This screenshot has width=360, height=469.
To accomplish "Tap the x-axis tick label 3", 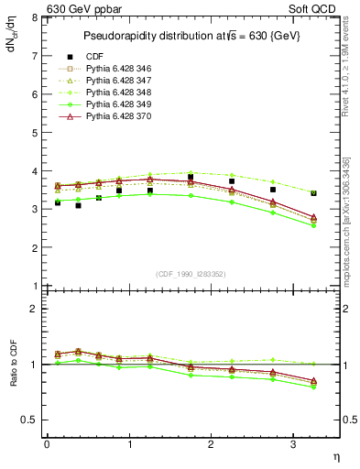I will coord(292,444).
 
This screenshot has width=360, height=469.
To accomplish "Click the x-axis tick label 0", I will coord(47,444).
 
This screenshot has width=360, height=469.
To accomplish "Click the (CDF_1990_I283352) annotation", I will coord(191,274).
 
